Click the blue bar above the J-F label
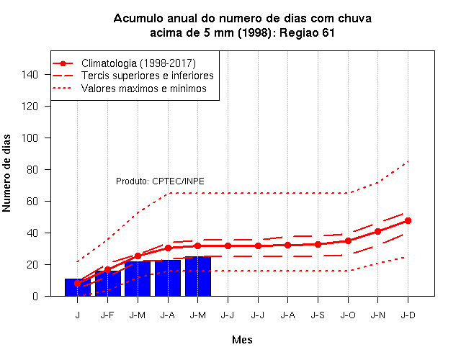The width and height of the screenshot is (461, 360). click(x=108, y=283)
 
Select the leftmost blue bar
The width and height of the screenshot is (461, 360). click(x=78, y=287)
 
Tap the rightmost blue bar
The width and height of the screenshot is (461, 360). click(x=198, y=276)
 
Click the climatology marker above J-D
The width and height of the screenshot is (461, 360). click(x=408, y=221)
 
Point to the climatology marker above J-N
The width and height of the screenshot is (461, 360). click(x=377, y=232)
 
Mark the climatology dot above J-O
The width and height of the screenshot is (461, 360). click(x=348, y=241)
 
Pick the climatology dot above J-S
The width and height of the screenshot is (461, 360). click(x=318, y=245)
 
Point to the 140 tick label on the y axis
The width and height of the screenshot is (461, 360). click(x=30, y=75)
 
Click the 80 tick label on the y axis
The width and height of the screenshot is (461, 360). click(x=32, y=170)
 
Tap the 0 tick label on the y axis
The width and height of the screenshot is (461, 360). click(x=35, y=296)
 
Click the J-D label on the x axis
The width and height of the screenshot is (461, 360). click(x=408, y=315)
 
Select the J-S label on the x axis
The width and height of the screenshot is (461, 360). click(x=318, y=315)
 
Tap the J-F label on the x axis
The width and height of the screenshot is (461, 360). click(x=107, y=315)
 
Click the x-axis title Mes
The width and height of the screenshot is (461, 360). click(x=242, y=340)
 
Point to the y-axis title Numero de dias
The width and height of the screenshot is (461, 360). click(x=6, y=174)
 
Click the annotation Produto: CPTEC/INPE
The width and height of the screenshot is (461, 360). click(x=160, y=181)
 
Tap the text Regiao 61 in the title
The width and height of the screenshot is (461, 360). click(x=307, y=33)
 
